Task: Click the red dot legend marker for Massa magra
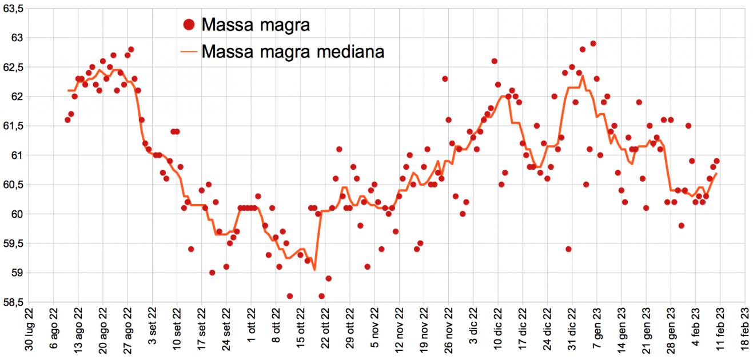coord(189,25)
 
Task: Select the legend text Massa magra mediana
coord(293,51)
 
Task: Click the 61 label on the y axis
coord(18,155)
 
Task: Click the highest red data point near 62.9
coord(593,43)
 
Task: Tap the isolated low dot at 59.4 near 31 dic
coord(568,249)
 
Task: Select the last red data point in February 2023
coord(716,161)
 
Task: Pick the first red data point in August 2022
coord(67,119)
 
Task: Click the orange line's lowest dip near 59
coord(314,270)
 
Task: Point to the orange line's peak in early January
coord(583,76)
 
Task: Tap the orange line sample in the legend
coord(189,51)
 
